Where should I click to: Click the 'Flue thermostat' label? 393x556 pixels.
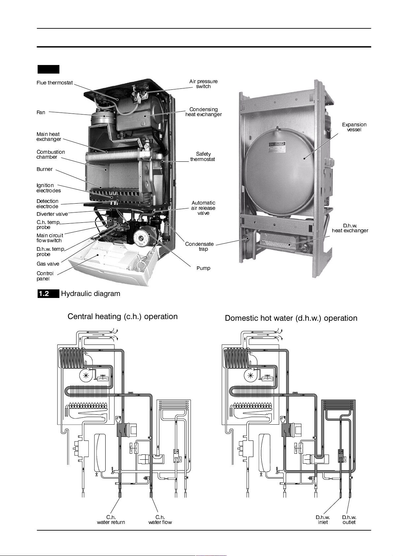click(x=55, y=82)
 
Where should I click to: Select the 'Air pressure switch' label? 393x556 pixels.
click(x=203, y=84)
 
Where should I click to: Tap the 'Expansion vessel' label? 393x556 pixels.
click(x=354, y=127)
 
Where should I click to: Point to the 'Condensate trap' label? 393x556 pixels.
click(x=199, y=246)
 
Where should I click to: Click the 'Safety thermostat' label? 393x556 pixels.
click(x=203, y=157)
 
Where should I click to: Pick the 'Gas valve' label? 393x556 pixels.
click(x=48, y=264)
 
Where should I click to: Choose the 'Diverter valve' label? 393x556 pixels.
click(x=52, y=214)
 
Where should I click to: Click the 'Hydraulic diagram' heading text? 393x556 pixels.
click(x=91, y=294)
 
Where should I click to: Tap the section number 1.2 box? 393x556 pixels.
click(x=49, y=294)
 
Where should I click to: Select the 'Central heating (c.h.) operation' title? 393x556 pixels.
click(x=123, y=316)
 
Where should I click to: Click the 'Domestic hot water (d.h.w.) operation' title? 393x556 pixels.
click(x=291, y=318)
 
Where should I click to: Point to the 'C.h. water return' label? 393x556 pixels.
click(x=111, y=520)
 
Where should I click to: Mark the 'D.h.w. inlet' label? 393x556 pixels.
click(x=323, y=520)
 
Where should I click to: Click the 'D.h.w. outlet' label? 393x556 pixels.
click(x=349, y=520)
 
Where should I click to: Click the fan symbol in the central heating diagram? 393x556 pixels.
click(x=86, y=376)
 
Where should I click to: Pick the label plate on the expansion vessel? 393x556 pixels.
click(x=277, y=145)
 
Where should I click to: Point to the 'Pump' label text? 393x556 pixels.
click(x=203, y=268)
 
